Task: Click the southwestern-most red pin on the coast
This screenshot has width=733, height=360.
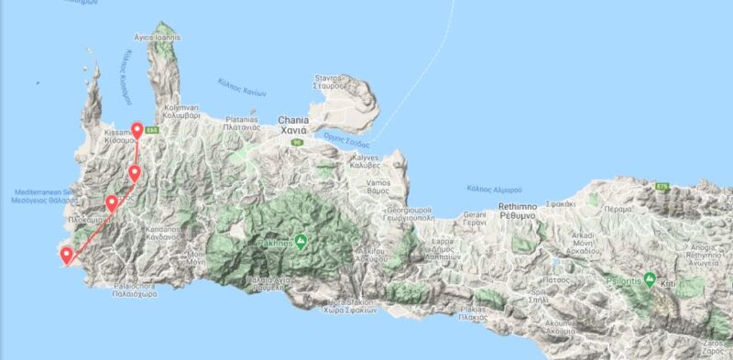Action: (66, 256)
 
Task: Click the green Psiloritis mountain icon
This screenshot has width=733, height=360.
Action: (650, 278)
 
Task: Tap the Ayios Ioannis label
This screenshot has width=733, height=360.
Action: (157, 38)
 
